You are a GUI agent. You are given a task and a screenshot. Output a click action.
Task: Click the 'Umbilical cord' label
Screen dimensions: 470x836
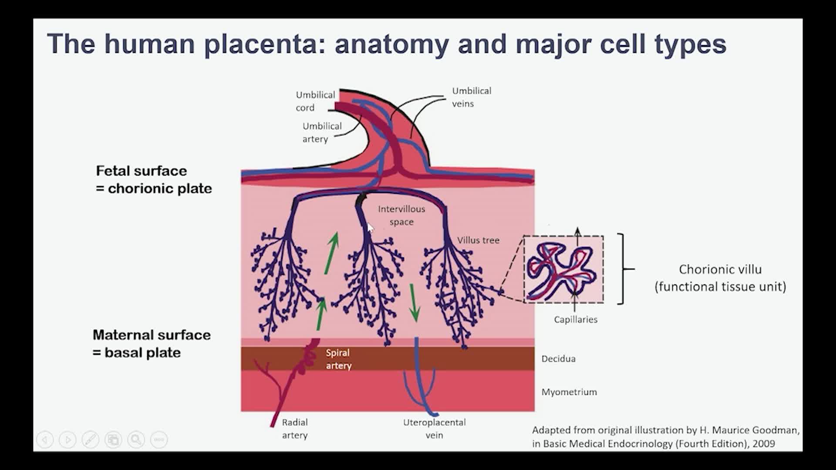pos(315,101)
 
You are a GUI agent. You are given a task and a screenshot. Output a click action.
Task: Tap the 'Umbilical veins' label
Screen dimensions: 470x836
pos(471,97)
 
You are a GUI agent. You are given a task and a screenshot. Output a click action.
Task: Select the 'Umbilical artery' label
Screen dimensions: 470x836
pos(322,132)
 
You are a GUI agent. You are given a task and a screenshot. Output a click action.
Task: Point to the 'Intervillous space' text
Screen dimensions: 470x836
pos(401,215)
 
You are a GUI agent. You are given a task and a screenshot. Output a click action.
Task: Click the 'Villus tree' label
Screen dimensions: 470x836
pos(478,240)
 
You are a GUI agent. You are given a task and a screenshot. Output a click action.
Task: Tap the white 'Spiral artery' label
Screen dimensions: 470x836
pos(338,359)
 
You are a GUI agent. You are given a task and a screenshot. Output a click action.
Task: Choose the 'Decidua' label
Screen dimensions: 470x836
pos(558,359)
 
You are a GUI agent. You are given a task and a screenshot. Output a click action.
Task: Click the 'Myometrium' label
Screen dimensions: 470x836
pos(569,392)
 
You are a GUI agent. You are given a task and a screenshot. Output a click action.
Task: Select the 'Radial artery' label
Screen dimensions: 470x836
pos(295,429)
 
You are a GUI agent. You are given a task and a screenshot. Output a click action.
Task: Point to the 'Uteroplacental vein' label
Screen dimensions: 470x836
pos(434,429)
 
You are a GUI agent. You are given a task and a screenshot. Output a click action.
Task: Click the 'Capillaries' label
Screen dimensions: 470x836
pos(575,320)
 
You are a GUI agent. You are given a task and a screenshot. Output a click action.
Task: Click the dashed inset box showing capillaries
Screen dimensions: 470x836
pos(563,269)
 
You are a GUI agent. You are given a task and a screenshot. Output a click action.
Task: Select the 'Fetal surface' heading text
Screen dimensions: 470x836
pos(141,171)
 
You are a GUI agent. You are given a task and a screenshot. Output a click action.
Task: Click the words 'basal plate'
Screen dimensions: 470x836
pos(142,352)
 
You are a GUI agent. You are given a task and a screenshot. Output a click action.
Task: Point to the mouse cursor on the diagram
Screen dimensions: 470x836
pos(370,228)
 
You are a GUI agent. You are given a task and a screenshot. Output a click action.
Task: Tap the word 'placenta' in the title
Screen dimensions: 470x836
pos(260,44)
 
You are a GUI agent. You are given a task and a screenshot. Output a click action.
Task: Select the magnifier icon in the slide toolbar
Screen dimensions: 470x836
pos(136,440)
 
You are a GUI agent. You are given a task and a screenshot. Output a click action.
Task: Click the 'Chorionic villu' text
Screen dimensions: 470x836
pos(720,270)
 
